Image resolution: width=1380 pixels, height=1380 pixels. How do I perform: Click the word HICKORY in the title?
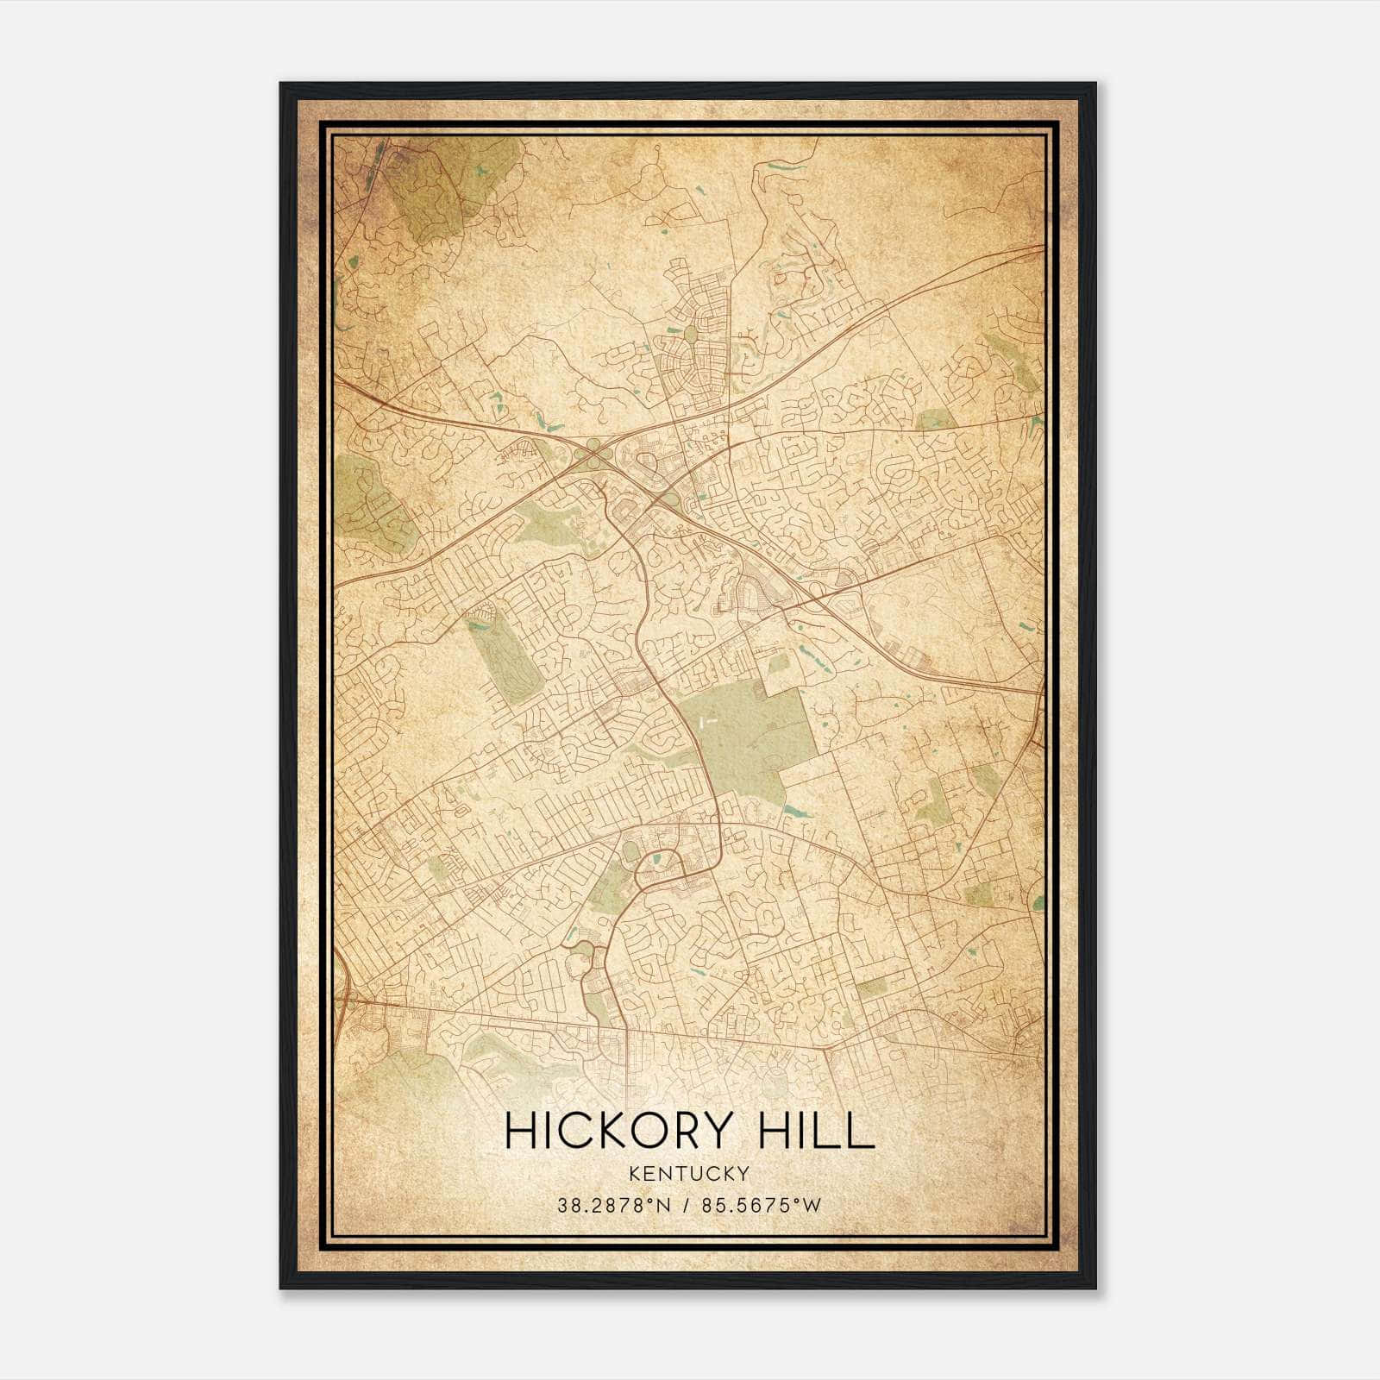click(x=612, y=1131)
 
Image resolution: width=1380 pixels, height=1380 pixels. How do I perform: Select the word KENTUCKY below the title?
click(x=689, y=1173)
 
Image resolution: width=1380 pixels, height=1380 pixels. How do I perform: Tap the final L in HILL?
click(x=860, y=1131)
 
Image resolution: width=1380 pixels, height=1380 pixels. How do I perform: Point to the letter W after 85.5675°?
click(x=811, y=1206)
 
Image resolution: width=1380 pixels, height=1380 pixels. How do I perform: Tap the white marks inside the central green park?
click(x=709, y=718)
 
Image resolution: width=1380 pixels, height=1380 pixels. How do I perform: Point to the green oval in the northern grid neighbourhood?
click(x=691, y=332)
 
